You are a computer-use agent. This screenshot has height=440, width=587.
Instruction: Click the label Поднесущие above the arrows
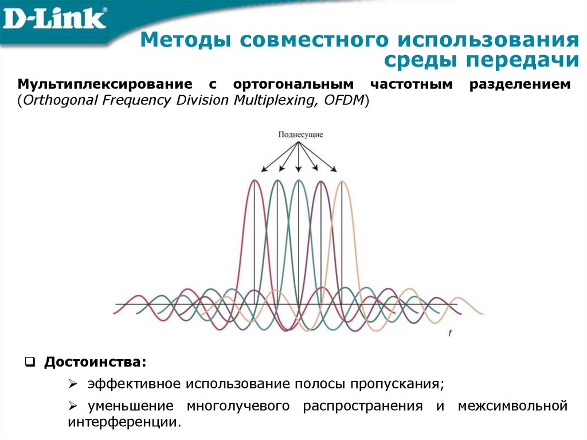pos(300,134)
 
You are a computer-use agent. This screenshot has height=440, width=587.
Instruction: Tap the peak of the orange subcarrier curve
pos(342,182)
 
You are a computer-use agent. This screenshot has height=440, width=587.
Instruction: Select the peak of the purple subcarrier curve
pos(320,181)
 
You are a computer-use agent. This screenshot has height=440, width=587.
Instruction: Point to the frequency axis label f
pos(449,333)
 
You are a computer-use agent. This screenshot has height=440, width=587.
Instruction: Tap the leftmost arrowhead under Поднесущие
pos(264,169)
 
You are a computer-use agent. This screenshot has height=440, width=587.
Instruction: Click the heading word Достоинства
pos(95,363)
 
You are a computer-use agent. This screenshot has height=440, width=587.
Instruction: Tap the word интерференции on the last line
pos(123,423)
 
